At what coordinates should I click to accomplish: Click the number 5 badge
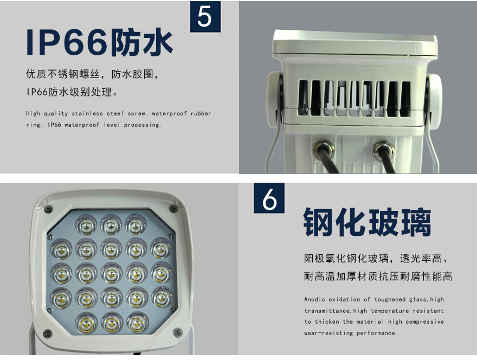point(205,16)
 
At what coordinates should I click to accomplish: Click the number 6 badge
point(269,198)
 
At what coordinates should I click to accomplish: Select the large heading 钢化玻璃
point(367,222)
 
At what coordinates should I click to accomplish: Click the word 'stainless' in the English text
point(87,113)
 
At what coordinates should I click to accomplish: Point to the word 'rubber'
point(201,113)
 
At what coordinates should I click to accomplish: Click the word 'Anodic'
point(314,299)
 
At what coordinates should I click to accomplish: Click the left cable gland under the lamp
point(324,149)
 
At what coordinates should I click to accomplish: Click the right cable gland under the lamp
point(384,150)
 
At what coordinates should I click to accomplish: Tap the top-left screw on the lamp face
point(48,209)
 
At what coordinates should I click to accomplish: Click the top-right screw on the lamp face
point(173,209)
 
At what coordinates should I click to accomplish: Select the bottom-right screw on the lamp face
point(177,332)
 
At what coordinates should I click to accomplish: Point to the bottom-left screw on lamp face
point(48,334)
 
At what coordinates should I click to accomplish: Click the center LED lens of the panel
point(111,274)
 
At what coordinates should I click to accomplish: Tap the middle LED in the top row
point(111,225)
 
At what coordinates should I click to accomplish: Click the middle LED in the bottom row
point(112,323)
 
